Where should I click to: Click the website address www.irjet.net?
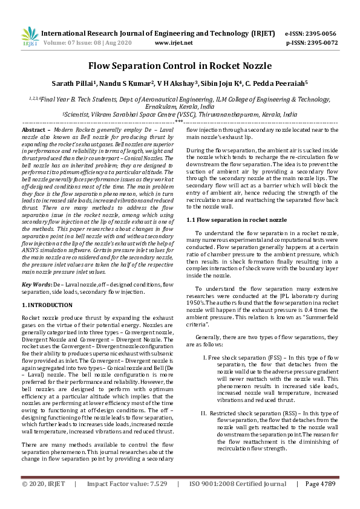174,43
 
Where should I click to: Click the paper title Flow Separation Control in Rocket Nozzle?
180,66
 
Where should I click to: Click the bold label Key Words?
36,284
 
